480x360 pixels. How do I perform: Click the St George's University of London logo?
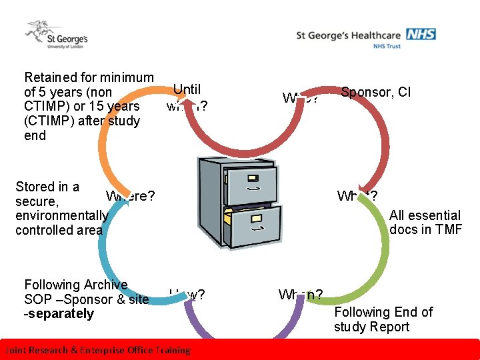coord(56,35)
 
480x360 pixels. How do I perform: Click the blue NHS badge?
coord(421,33)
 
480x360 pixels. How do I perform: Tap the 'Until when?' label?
coord(187,97)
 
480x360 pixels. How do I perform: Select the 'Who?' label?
coord(300,98)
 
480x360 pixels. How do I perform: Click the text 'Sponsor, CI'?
coord(375,92)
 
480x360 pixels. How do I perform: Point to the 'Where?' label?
coord(130,196)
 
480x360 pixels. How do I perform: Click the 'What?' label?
coord(357,196)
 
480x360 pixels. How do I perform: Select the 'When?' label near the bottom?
coord(301,295)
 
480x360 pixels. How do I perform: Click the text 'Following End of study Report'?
coord(383,319)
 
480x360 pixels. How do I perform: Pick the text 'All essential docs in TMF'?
coord(425,222)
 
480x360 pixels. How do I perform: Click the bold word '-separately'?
coord(59,314)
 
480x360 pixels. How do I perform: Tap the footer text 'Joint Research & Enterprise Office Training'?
coord(97,350)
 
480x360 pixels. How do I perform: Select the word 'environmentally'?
coord(61,215)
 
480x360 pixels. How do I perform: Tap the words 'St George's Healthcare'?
coord(349,35)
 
